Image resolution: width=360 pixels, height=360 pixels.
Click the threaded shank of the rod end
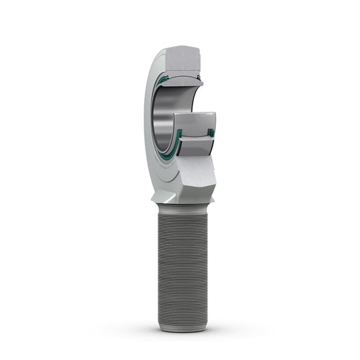pos(182,265)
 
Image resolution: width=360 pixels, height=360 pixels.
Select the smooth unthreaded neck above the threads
pos(182,208)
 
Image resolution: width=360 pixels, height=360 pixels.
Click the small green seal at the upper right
pos(198,78)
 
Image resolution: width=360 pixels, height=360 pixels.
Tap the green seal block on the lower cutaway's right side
pos(210,133)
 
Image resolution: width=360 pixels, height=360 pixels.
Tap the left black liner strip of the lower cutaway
pos(179,146)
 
